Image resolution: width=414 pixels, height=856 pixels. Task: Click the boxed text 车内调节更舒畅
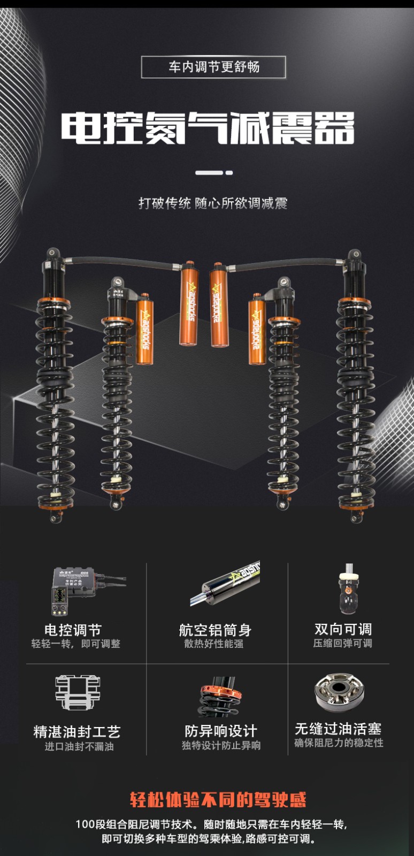click(214, 67)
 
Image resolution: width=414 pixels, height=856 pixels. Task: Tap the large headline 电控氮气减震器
click(208, 128)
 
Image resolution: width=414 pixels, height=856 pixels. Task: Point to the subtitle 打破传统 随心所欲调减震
click(213, 203)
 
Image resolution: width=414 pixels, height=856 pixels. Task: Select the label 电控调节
click(73, 630)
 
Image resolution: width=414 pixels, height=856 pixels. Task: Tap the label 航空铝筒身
click(216, 630)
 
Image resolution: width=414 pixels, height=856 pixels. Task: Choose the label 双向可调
click(343, 629)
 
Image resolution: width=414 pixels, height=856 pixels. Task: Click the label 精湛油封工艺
click(77, 732)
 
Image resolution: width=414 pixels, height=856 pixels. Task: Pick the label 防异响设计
click(221, 731)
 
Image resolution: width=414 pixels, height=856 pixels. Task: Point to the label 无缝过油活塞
click(338, 729)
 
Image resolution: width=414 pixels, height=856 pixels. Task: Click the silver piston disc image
click(339, 693)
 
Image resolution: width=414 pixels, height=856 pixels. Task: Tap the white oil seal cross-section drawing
click(78, 692)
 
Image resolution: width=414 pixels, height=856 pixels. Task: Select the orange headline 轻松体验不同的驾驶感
click(218, 799)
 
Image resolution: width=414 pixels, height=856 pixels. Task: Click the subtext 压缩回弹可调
click(342, 643)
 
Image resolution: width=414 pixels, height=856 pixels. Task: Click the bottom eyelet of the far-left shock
click(56, 517)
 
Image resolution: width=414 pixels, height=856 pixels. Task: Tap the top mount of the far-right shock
click(355, 255)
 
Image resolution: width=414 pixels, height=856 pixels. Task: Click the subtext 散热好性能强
click(214, 644)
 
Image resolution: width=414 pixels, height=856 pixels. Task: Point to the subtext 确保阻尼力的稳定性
click(339, 743)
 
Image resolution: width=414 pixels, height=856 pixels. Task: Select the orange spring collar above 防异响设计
click(221, 691)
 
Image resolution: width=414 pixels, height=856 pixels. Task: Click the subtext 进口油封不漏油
click(79, 746)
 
